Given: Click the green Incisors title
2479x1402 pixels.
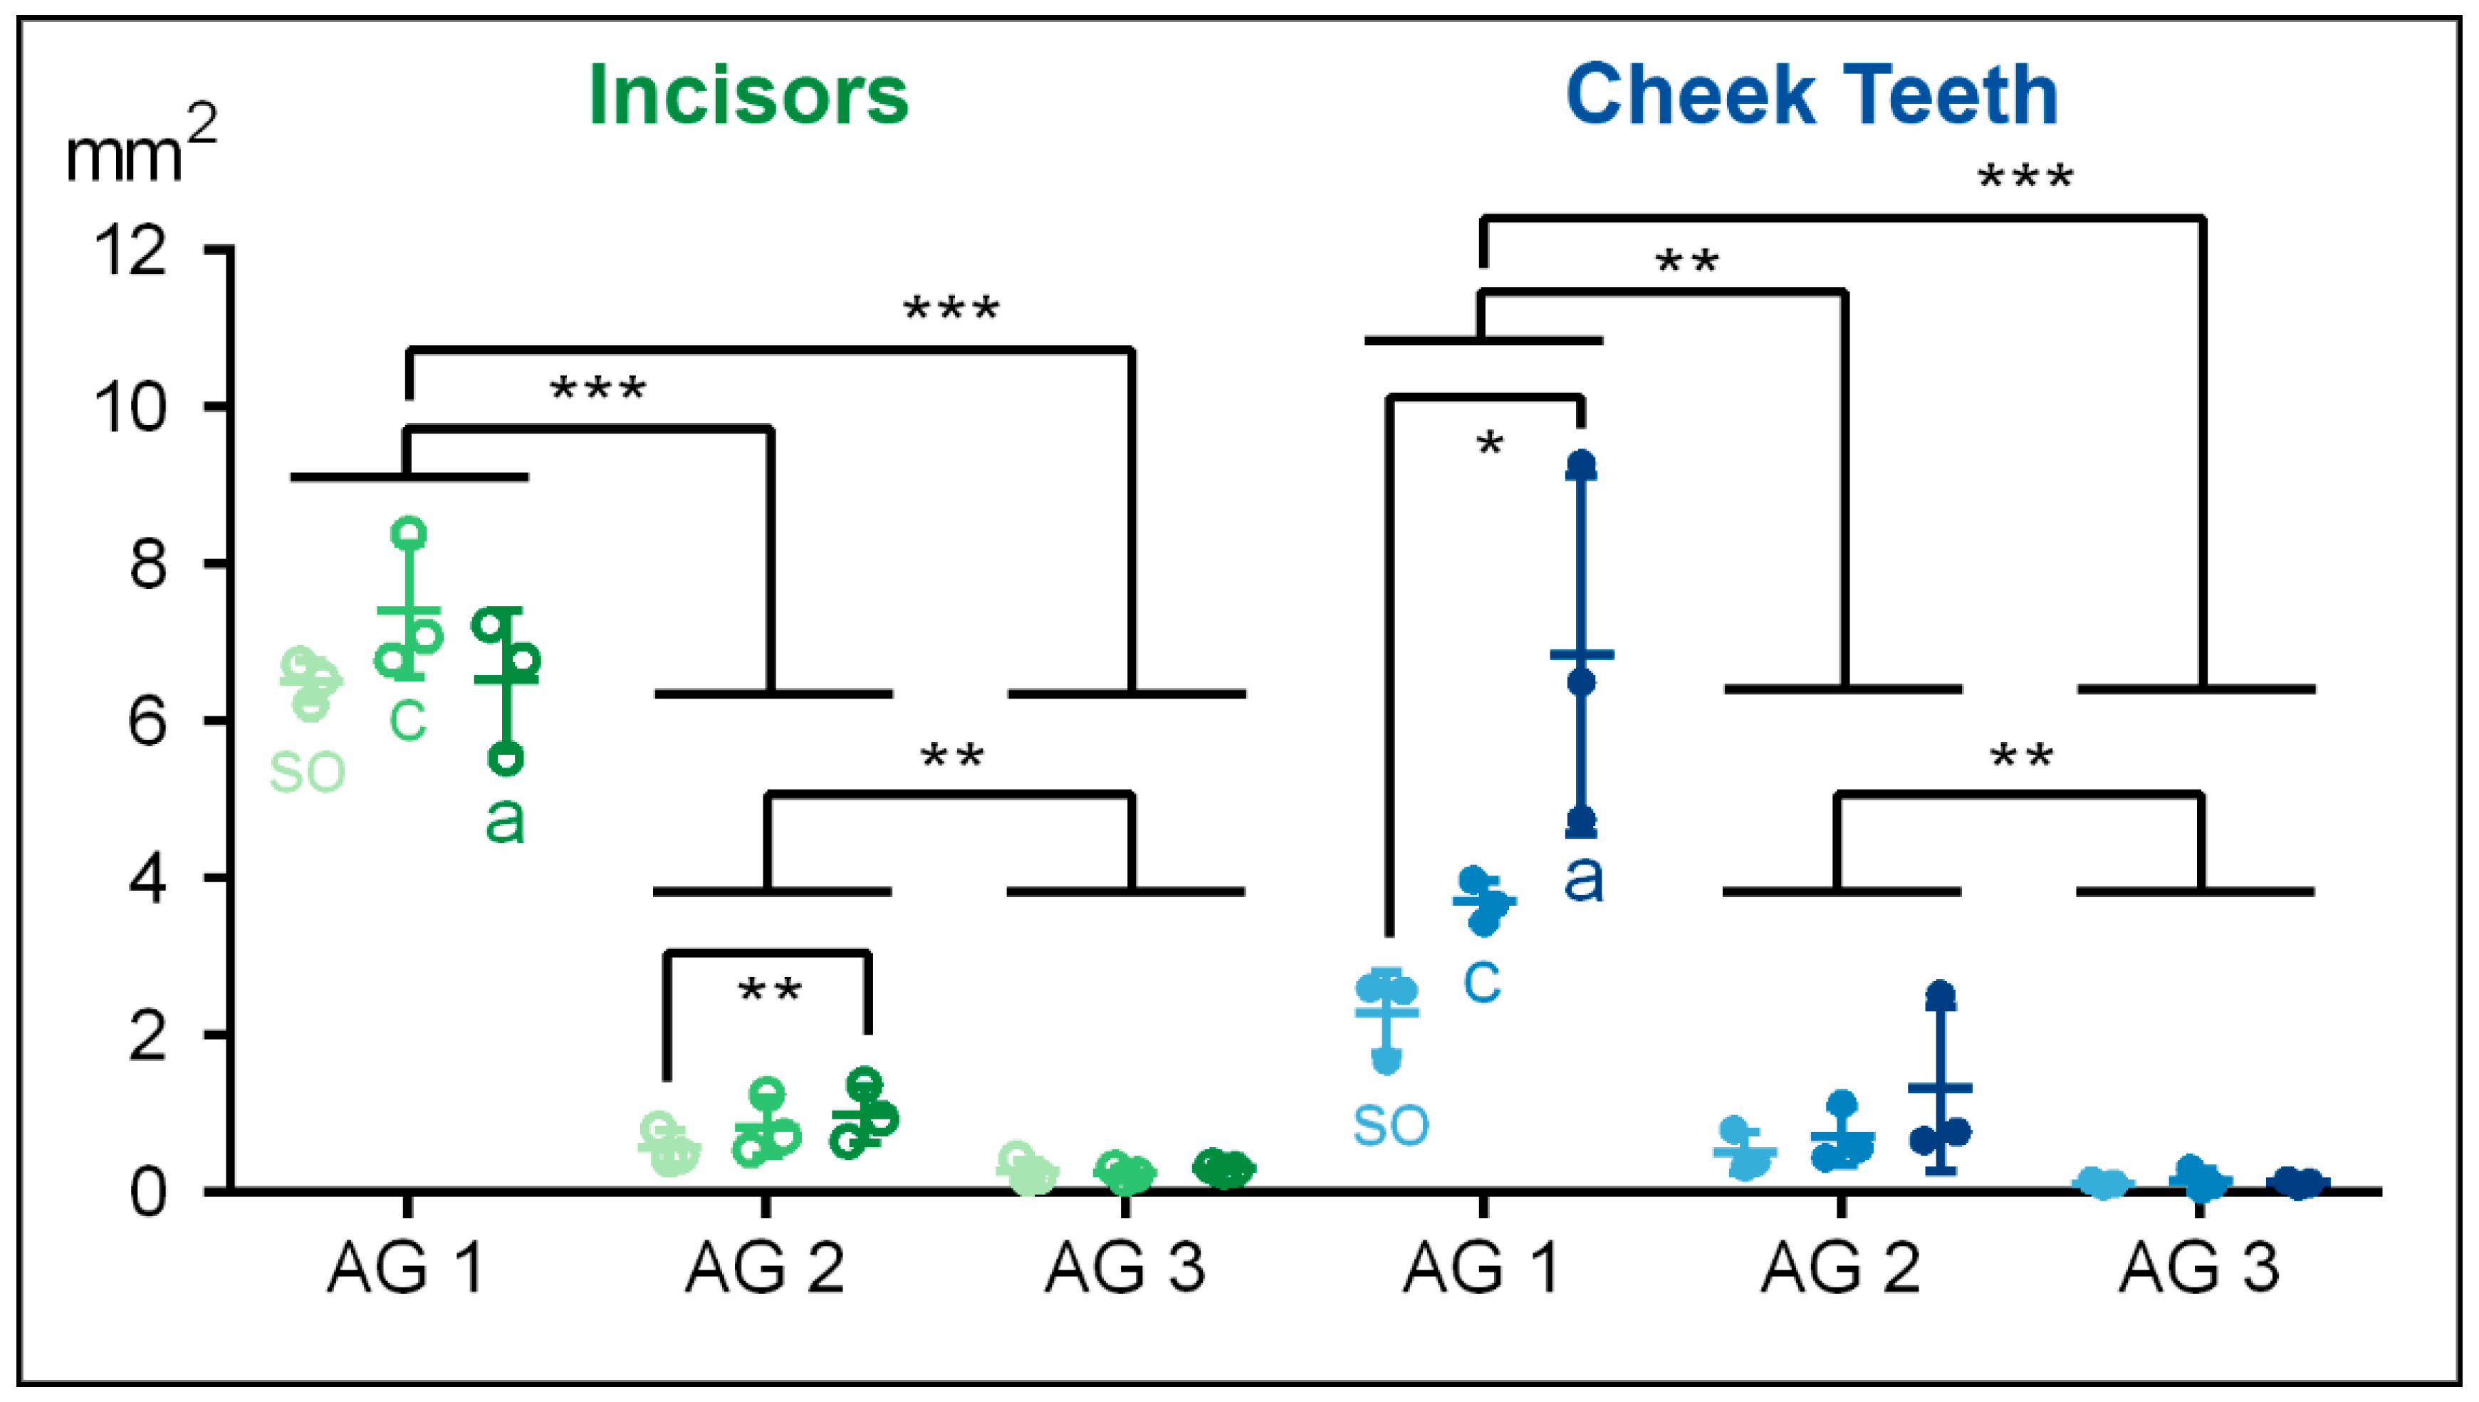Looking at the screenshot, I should coord(748,95).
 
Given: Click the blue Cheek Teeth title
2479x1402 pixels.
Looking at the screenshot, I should coord(1812,95).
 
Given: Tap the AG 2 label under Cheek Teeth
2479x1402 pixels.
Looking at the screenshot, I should coord(1839,1267).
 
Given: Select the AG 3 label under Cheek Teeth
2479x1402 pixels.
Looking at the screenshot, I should coord(2198,1267).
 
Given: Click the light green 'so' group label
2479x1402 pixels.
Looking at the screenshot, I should coord(307,771).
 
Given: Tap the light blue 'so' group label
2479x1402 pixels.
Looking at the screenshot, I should coord(1391,1124).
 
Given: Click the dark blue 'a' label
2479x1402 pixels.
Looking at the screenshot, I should coord(1583,878).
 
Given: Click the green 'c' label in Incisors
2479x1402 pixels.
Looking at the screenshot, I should coord(407,718).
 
